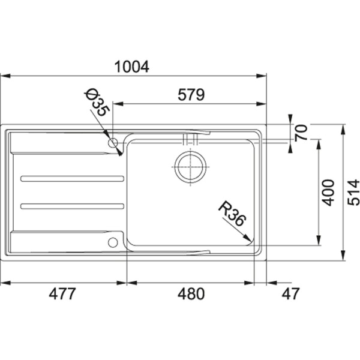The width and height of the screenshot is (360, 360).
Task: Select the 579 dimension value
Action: (x=191, y=94)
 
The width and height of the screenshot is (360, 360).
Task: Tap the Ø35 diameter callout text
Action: (x=97, y=102)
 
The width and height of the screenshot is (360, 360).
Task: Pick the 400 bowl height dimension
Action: (x=328, y=193)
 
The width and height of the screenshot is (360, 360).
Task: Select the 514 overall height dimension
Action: (x=355, y=193)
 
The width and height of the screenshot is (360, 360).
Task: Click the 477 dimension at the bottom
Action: (x=62, y=294)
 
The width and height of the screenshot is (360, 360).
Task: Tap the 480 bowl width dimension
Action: (x=191, y=294)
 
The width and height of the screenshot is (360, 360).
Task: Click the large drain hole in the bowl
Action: (x=190, y=166)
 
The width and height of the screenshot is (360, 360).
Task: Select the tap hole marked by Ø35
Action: (x=113, y=143)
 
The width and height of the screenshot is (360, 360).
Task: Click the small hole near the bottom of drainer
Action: (x=113, y=242)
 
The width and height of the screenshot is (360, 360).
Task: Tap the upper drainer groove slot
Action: (x=72, y=178)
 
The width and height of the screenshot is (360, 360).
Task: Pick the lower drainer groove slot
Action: (x=72, y=206)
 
